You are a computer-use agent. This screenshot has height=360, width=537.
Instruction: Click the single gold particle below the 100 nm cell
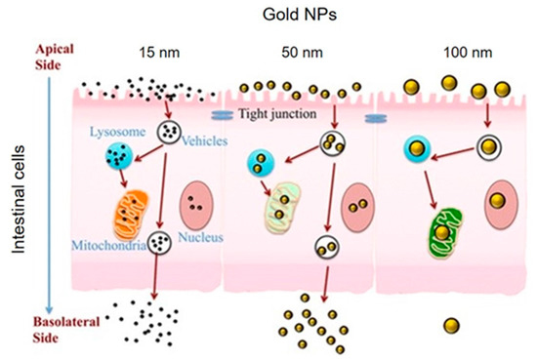[452, 323]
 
